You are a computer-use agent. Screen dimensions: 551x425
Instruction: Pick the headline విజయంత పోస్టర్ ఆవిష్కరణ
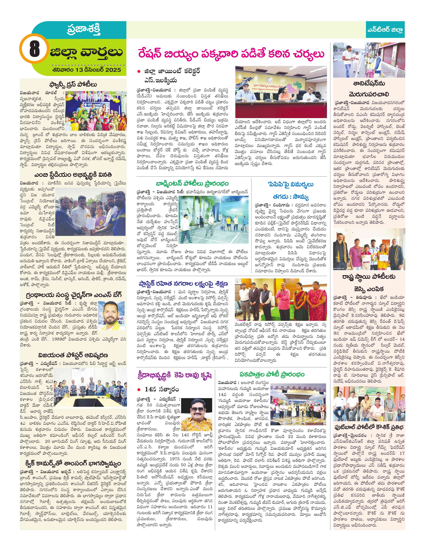[73, 355]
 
